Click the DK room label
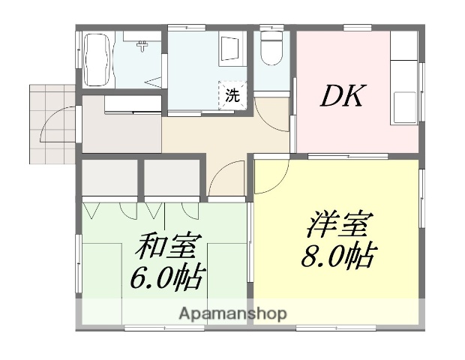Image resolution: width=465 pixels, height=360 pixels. click(x=343, y=96)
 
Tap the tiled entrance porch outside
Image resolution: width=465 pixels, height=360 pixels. click(x=50, y=122)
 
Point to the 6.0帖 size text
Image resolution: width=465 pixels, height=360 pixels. click(x=166, y=279)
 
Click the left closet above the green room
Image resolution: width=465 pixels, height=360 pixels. click(x=108, y=177)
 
